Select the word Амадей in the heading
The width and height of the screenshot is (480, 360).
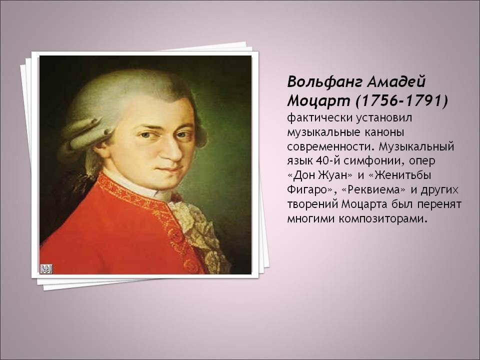(396, 81)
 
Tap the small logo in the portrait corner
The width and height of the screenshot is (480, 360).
(46, 269)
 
